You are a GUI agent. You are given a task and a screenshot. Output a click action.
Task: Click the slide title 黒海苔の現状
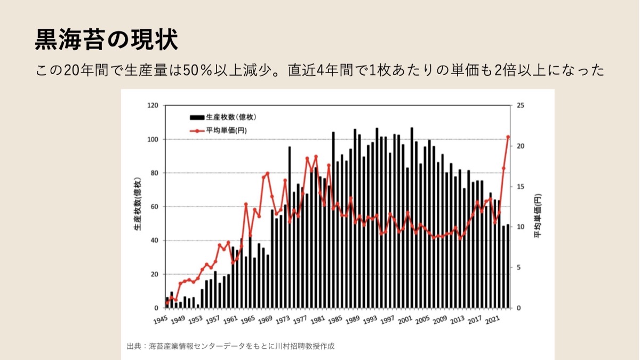coord(106,40)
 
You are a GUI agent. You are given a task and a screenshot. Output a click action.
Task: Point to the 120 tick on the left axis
coord(153,106)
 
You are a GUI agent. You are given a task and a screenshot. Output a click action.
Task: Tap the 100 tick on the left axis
coord(153,140)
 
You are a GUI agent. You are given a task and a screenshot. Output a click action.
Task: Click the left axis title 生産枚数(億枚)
coord(138,204)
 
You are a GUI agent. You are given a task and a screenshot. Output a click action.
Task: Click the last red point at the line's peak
coord(508,137)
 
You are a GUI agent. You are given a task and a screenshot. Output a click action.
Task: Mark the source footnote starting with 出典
coord(230,346)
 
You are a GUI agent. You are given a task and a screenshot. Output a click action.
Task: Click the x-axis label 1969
coord(266,320)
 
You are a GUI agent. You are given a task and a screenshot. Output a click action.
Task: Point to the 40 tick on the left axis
coord(155,241)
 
